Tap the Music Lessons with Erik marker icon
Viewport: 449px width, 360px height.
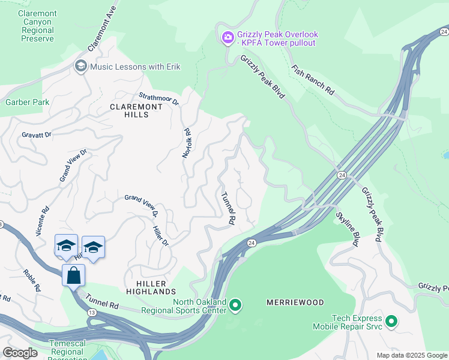[80, 66]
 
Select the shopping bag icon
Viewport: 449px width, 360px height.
[73, 275]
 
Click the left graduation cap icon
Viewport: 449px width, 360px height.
[66, 246]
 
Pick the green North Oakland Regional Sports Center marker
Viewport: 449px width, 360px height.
[235, 306]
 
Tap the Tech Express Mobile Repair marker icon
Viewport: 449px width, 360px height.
[391, 322]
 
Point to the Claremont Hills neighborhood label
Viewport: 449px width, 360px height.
[129, 110]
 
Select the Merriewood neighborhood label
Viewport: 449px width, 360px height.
[295, 302]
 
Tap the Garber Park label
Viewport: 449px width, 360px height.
[28, 102]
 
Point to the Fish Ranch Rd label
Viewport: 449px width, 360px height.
[313, 80]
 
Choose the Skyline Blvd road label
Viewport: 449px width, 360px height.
[347, 229]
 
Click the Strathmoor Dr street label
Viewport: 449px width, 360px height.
[159, 98]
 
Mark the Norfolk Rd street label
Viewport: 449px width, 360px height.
[187, 143]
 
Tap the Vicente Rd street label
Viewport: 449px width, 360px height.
[42, 222]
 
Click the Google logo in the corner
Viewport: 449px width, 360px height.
[20, 353]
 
